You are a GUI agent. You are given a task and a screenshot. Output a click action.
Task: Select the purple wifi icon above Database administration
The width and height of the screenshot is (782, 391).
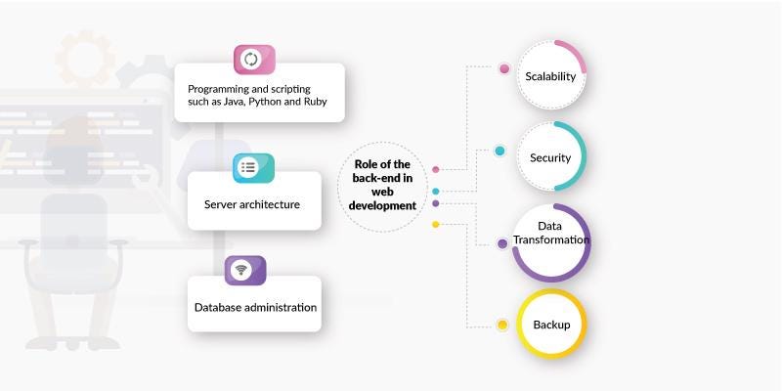(x=242, y=270)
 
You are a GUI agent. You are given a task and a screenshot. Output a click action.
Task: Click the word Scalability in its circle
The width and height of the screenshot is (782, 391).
(x=550, y=76)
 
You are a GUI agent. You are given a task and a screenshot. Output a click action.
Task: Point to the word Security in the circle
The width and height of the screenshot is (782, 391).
(x=550, y=157)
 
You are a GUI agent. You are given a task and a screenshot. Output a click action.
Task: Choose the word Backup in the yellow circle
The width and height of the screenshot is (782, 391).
(x=551, y=324)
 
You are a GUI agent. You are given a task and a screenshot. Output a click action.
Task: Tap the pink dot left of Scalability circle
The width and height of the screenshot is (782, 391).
(x=504, y=69)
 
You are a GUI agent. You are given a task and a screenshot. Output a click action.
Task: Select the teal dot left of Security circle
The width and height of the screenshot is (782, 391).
(x=500, y=151)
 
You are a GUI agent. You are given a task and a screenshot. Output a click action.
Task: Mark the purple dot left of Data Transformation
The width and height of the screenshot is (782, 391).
(x=502, y=243)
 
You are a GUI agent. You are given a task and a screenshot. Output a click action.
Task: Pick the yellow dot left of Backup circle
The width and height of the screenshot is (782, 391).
(x=502, y=325)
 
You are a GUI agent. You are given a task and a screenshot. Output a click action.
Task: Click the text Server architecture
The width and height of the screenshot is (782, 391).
(x=251, y=204)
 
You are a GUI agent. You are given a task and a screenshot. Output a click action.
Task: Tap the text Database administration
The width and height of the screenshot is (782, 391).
(x=255, y=307)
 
